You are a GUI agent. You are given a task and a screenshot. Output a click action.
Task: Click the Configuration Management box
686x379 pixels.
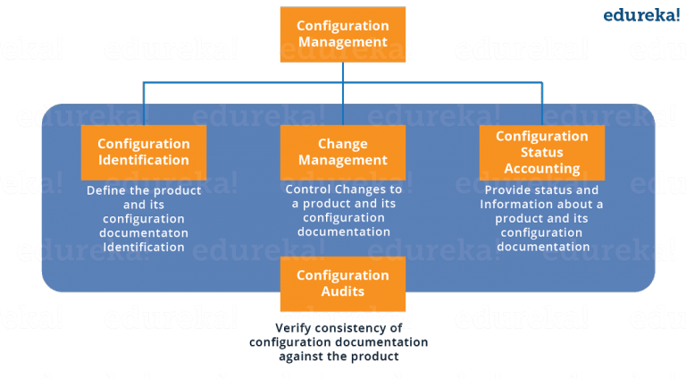pyautogui.click(x=343, y=34)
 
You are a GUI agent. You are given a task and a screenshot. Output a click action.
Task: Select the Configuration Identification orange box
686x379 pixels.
pyautogui.click(x=144, y=152)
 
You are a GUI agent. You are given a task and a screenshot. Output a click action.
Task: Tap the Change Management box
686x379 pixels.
pyautogui.click(x=343, y=152)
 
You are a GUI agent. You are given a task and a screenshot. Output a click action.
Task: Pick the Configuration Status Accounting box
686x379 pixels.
pyautogui.click(x=542, y=152)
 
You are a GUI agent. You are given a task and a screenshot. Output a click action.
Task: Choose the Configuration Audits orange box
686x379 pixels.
pyautogui.click(x=343, y=283)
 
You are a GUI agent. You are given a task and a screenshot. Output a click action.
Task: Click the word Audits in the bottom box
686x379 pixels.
pyautogui.click(x=343, y=291)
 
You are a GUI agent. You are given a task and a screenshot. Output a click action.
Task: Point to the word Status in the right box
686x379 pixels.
pyautogui.click(x=542, y=152)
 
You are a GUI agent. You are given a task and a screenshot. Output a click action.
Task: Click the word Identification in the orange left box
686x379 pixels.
pyautogui.click(x=144, y=161)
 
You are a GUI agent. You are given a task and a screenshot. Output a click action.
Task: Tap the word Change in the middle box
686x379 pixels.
pyautogui.click(x=343, y=144)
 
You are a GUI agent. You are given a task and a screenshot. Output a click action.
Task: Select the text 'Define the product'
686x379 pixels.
pyautogui.click(x=144, y=190)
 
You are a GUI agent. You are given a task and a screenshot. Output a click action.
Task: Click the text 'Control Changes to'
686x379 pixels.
pyautogui.click(x=343, y=189)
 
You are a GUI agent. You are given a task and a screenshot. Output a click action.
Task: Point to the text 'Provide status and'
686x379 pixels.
pyautogui.click(x=542, y=190)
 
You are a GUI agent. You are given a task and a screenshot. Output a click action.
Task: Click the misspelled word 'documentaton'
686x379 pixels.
pyautogui.click(x=144, y=232)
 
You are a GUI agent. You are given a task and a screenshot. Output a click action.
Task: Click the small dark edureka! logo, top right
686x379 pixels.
pyautogui.click(x=641, y=15)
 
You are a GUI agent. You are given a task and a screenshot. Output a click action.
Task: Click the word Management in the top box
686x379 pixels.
pyautogui.click(x=343, y=42)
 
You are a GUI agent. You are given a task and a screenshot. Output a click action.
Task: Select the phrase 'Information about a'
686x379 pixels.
pyautogui.click(x=542, y=204)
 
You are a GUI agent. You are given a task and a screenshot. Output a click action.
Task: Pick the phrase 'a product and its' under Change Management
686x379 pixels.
pyautogui.click(x=343, y=204)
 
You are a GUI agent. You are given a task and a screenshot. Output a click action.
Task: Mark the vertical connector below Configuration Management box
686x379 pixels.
pyautogui.click(x=343, y=72)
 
